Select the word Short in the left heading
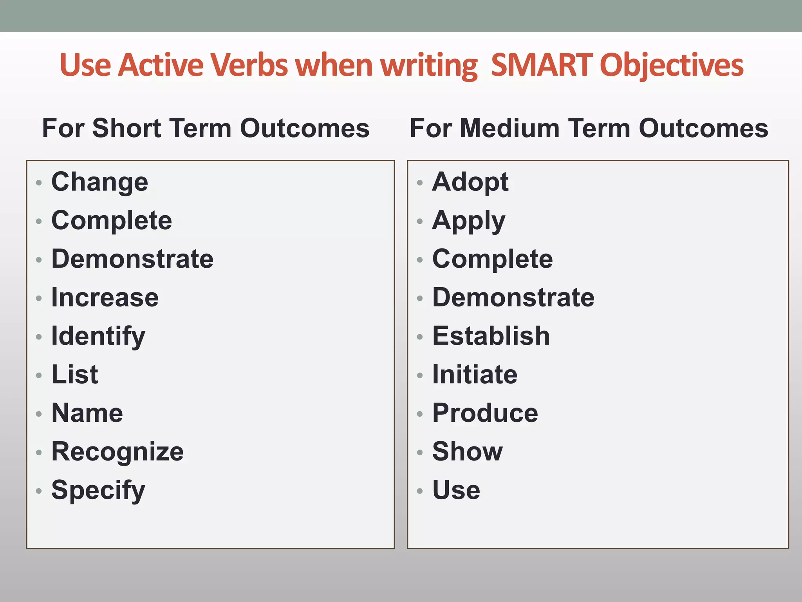[126, 128]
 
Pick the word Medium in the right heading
[509, 128]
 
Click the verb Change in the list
[100, 182]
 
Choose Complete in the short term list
[112, 220]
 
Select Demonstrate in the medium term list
[513, 297]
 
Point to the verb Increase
[105, 297]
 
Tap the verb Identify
[98, 337]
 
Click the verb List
[75, 375]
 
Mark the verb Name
[87, 413]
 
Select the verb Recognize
[117, 452]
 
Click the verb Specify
[98, 491]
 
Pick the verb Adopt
[470, 182]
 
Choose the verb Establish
[491, 336]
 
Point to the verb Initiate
[475, 375]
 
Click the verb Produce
[485, 413]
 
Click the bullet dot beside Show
[420, 453]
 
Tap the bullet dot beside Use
[420, 491]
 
